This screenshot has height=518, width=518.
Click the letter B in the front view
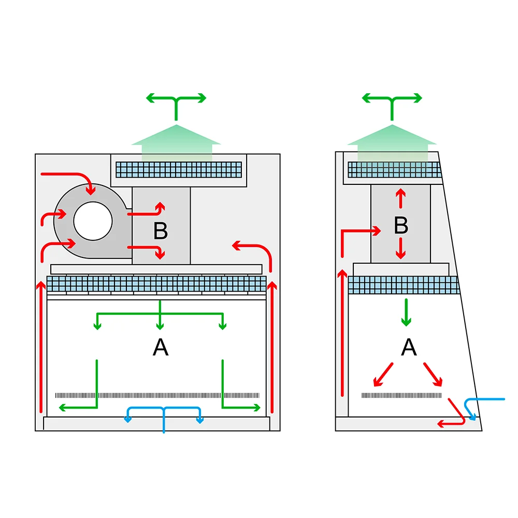coord(161,232)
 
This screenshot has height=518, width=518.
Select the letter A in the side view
coord(409,348)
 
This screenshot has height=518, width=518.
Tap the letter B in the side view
coord(400,225)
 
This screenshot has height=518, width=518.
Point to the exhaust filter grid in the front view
coord(179,169)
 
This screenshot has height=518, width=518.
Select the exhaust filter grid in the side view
coord(394,169)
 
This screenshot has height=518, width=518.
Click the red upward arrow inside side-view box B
coord(400,199)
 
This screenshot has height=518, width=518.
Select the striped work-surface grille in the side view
coord(401,395)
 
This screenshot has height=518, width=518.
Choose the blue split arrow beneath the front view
coord(164,414)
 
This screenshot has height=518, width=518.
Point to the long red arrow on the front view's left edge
coord(41,347)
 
